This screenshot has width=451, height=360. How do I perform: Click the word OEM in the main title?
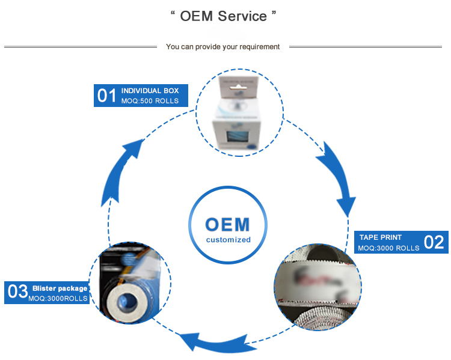[x=197, y=16]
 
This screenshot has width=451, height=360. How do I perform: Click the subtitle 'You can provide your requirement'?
[x=222, y=47]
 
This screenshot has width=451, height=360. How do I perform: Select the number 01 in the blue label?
[x=106, y=96]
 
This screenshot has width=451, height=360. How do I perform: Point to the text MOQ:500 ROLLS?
[x=150, y=101]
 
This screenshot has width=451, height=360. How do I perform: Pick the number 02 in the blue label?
[x=434, y=242]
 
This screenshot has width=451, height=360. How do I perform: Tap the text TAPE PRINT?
[x=380, y=237]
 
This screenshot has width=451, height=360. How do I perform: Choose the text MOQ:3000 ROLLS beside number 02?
[x=388, y=248]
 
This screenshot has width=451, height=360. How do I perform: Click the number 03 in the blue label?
[x=17, y=292]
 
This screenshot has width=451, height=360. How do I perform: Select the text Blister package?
[x=60, y=288]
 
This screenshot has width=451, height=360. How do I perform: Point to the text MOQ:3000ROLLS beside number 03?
[x=58, y=299]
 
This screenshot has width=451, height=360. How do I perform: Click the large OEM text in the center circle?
[x=227, y=224]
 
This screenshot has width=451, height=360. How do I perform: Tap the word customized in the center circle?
[x=228, y=240]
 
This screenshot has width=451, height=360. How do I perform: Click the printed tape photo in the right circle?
[x=317, y=282]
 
